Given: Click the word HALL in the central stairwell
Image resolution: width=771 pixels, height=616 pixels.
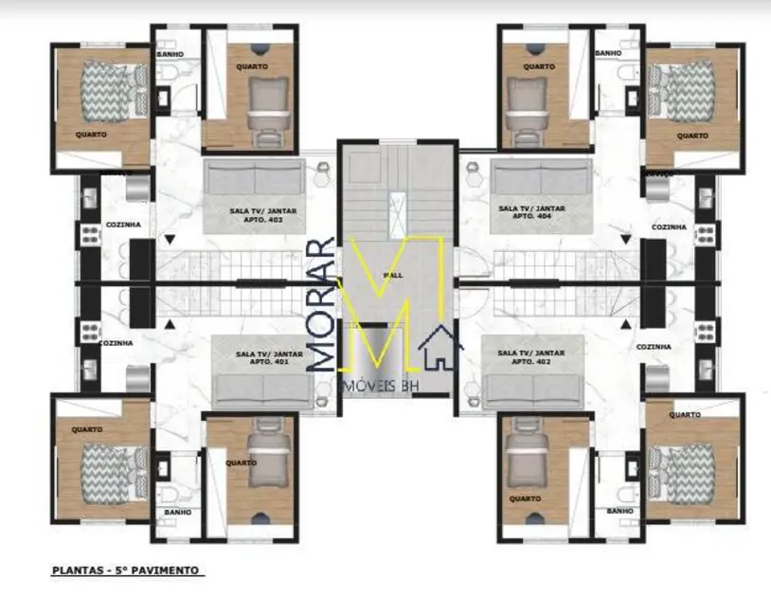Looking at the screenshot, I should tap(393, 275).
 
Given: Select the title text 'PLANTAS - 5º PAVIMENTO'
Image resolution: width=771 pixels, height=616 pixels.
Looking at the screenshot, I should tap(126, 571).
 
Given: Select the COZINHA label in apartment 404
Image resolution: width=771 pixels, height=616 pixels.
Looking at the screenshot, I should tap(670, 227).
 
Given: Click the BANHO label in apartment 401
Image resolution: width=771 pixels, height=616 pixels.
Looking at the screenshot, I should tap(178, 512).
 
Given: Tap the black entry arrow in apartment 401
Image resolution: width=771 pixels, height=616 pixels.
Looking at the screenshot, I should tap(170, 324).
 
